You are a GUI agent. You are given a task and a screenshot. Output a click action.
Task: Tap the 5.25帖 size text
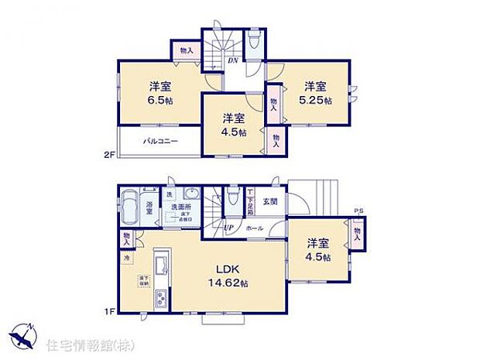pos(317,101)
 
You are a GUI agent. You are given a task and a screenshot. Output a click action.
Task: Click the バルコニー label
pos(160,142)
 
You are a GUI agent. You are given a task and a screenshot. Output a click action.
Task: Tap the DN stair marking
pos(231,62)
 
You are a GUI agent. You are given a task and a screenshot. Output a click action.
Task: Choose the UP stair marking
pos(229,228)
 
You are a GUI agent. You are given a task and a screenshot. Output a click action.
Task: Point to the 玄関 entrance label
pos(269,203)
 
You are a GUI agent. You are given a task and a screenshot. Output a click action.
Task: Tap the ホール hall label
pos(255,228)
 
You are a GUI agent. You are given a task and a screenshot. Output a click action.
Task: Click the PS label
pos(358,211)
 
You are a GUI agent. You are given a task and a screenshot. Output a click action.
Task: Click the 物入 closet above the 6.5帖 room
pos(186,50)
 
